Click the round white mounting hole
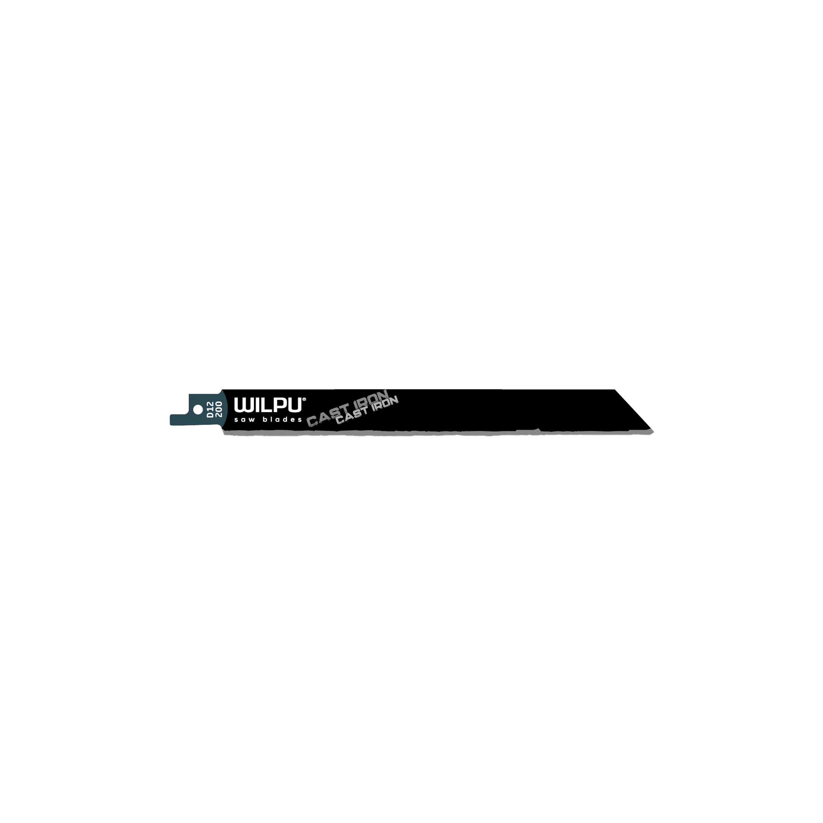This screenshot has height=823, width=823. tap(198, 409)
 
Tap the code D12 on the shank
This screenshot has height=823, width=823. tap(210, 409)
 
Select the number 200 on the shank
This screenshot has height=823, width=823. tap(219, 409)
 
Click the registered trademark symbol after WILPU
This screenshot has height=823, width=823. tap(304, 400)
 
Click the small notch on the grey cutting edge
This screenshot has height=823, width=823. tap(539, 430)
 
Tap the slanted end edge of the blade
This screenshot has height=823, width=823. tap(633, 409)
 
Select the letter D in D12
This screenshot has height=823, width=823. tap(210, 415)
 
